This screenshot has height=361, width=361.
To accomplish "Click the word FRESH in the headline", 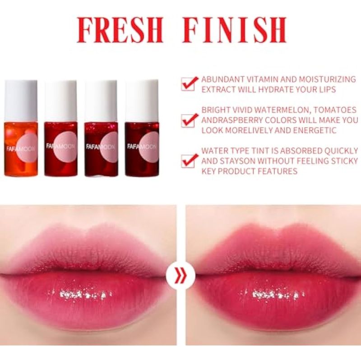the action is (120, 30).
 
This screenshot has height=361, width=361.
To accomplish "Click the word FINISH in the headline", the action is (234, 30).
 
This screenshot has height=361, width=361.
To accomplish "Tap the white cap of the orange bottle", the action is (21, 100).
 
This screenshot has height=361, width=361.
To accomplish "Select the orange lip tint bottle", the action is (21, 128).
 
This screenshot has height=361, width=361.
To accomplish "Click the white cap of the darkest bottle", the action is (142, 100).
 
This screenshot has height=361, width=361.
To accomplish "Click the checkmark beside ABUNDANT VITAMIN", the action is (189, 83).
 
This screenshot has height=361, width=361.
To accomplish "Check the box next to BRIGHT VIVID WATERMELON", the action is (189, 120).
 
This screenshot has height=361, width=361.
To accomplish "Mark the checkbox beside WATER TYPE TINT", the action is (189, 161).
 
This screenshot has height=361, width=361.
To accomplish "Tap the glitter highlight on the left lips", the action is (80, 294).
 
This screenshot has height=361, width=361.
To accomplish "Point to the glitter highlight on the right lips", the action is (273, 294).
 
